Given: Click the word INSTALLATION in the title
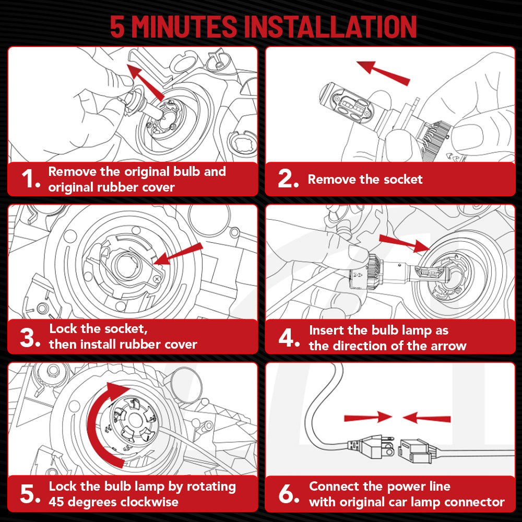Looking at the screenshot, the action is point(330,27).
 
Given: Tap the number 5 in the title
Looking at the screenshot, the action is point(117,27).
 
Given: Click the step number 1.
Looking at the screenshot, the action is point(31,179).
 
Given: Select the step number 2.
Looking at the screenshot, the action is point(288,179).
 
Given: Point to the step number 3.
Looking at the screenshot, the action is point(30,338).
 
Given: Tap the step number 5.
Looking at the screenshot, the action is point(30,494).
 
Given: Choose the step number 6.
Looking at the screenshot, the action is point(289,494).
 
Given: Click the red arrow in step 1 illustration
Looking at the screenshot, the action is point(146,82).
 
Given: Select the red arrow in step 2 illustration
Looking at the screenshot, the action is point(383,73).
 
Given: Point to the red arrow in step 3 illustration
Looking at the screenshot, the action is point(178,254).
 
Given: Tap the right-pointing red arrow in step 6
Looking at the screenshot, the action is point(368,417).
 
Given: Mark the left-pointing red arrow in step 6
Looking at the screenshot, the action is point(426,418).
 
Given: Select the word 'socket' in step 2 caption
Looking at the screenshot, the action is point(403,180).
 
